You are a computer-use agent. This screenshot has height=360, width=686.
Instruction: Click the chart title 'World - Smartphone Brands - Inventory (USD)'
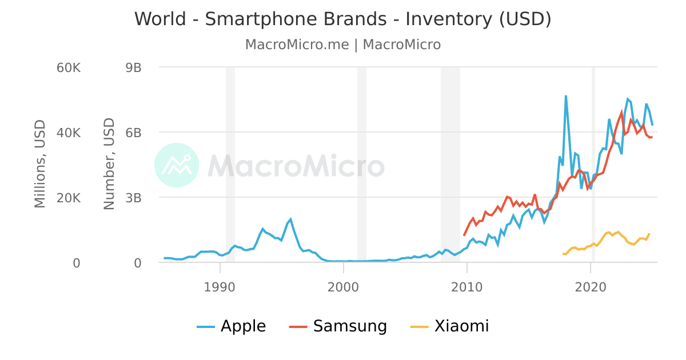pos(343,19)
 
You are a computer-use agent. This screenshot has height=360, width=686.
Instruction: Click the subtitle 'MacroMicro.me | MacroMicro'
pos(343,45)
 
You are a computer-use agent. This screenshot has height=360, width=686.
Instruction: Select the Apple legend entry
pos(232,326)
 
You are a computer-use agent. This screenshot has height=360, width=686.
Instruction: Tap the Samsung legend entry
pos(338,326)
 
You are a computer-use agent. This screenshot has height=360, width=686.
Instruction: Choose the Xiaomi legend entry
pos(450,326)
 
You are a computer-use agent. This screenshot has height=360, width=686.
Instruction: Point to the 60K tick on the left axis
pos(69,67)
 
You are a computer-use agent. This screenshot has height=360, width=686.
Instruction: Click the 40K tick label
pos(69,133)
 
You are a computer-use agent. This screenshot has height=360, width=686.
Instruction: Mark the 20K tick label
pos(69,198)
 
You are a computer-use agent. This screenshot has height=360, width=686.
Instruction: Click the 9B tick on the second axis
pos(133,67)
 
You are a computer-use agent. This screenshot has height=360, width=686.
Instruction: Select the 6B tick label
pos(133,133)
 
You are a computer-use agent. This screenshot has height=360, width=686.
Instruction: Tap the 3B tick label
pos(133,198)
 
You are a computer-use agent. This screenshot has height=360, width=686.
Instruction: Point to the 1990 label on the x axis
pos(220,286)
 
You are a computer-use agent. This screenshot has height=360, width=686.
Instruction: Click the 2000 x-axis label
pos(343,286)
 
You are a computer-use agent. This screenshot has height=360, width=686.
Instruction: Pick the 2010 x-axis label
pos(467,286)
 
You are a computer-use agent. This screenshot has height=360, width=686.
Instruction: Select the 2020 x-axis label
pos(591,286)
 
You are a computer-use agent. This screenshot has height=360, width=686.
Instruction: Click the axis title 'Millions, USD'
pos(39,164)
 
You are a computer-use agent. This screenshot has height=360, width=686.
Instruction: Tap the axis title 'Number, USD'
pos(109,164)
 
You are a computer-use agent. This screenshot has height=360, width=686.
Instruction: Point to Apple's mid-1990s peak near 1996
pos(290,219)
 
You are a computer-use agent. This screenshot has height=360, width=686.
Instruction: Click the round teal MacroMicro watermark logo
pos(177,165)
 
